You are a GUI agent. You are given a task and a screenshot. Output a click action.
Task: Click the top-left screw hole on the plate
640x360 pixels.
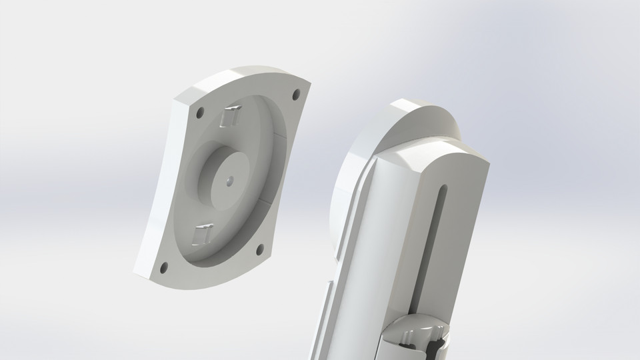[199, 113]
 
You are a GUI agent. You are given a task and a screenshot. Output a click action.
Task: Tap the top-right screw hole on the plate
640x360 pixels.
[296, 94]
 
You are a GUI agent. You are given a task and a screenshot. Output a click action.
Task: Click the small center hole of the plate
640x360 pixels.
[229, 179]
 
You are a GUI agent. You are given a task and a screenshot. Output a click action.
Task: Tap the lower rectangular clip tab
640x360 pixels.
[201, 234]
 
